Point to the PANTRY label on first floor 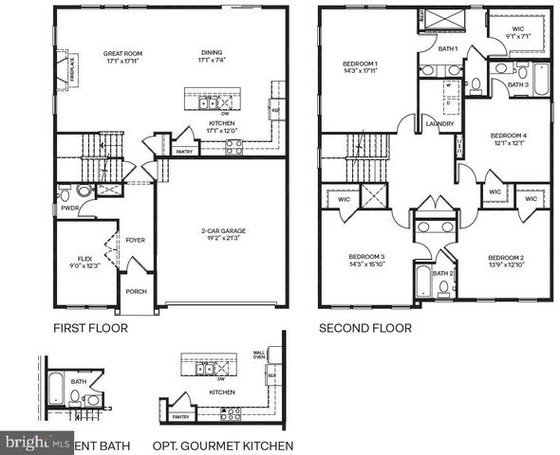click(185, 151)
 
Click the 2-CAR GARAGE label click(224, 230)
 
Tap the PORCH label click(136, 291)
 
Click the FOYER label click(135, 240)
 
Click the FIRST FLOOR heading click(90, 329)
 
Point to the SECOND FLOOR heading click(365, 329)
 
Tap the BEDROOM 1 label click(361, 65)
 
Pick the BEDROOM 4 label click(508, 136)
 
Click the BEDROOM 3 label click(366, 258)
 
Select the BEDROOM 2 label click(506, 258)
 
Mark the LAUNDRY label click(439, 122)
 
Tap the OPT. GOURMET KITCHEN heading click(222, 445)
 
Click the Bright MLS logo click(38, 443)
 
